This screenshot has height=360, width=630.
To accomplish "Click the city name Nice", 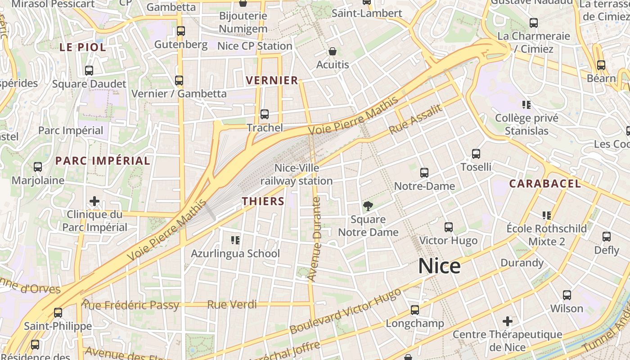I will (439, 266).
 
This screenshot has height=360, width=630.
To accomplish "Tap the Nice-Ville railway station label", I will (297, 175).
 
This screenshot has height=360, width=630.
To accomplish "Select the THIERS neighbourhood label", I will (263, 201).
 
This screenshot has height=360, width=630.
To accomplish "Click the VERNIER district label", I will (272, 81).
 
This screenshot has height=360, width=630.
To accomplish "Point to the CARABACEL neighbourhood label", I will (545, 184).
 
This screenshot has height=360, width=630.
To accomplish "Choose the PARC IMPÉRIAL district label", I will (103, 161).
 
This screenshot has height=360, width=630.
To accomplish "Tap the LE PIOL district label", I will (83, 47).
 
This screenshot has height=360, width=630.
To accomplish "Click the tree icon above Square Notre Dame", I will (368, 206).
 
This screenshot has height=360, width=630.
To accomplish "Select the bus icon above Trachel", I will (265, 114).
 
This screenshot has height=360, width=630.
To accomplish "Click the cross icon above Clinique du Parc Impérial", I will (94, 201).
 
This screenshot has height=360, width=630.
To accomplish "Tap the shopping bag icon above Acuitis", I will (333, 51).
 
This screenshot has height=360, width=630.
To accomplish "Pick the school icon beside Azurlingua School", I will (235, 240).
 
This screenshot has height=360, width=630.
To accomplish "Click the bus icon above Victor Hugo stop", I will (448, 227).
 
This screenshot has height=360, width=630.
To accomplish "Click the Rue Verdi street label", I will (232, 305).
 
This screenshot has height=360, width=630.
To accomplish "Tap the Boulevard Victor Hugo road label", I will (345, 311).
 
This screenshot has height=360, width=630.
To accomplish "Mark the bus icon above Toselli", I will (476, 154).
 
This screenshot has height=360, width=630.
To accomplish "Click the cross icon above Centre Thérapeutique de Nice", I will (508, 321).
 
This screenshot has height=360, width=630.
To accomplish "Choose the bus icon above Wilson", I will (567, 295).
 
